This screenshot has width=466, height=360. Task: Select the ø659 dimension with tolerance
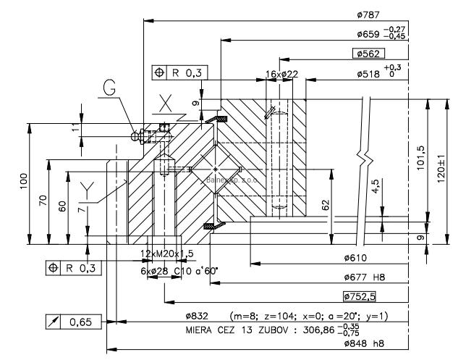[x=381, y=33]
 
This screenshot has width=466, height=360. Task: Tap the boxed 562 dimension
[x=368, y=53]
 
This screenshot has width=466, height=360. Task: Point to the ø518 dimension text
[x=381, y=73]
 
